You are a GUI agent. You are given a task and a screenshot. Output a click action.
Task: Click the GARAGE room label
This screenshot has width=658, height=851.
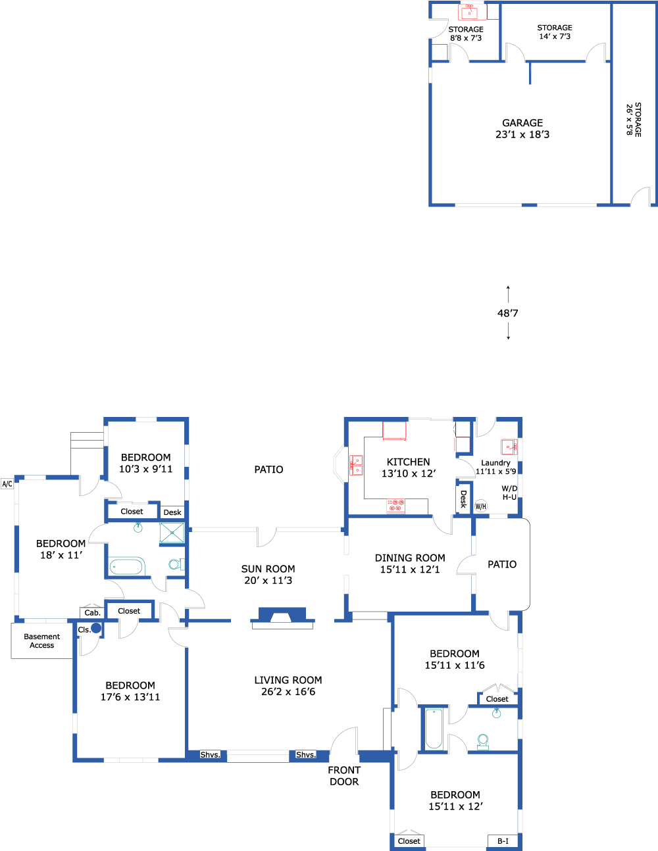[x=522, y=122]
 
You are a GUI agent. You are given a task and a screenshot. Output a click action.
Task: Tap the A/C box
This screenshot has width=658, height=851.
[x=7, y=484]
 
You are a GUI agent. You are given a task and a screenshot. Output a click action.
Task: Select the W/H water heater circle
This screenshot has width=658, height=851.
[x=480, y=506]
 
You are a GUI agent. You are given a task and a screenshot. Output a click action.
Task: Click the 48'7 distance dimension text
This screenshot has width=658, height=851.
[x=507, y=313]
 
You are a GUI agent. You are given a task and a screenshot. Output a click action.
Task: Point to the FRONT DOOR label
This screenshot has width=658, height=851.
[x=344, y=776]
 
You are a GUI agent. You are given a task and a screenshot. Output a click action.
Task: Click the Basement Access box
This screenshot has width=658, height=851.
[x=42, y=641]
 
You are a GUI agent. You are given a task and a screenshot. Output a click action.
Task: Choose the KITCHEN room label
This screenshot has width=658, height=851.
[x=408, y=462]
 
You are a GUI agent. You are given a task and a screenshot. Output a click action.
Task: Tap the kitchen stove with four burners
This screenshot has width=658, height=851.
[x=395, y=506]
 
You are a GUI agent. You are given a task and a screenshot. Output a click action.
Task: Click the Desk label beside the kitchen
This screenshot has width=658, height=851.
[x=463, y=499]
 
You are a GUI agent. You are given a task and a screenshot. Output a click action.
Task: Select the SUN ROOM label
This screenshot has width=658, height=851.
[x=268, y=569]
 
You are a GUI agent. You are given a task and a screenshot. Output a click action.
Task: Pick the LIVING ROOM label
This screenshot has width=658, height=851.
[x=288, y=680]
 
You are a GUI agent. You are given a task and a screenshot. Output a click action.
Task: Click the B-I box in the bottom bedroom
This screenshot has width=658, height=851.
[x=503, y=841]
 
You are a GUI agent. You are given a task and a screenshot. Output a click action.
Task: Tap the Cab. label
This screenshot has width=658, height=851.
[x=92, y=613]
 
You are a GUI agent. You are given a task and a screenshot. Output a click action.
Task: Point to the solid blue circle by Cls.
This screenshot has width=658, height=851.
[x=96, y=628]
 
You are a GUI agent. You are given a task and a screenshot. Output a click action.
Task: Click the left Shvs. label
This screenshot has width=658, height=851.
[x=211, y=755]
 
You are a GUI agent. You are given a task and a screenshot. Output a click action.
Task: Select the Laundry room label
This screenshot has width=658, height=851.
[x=495, y=462]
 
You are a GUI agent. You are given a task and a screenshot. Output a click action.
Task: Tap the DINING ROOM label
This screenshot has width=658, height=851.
[x=410, y=558]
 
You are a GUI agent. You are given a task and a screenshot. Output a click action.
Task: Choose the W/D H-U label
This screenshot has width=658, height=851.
[x=509, y=493]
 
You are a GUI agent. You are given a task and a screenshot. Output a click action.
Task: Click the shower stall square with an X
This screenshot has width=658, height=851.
[x=172, y=533]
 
